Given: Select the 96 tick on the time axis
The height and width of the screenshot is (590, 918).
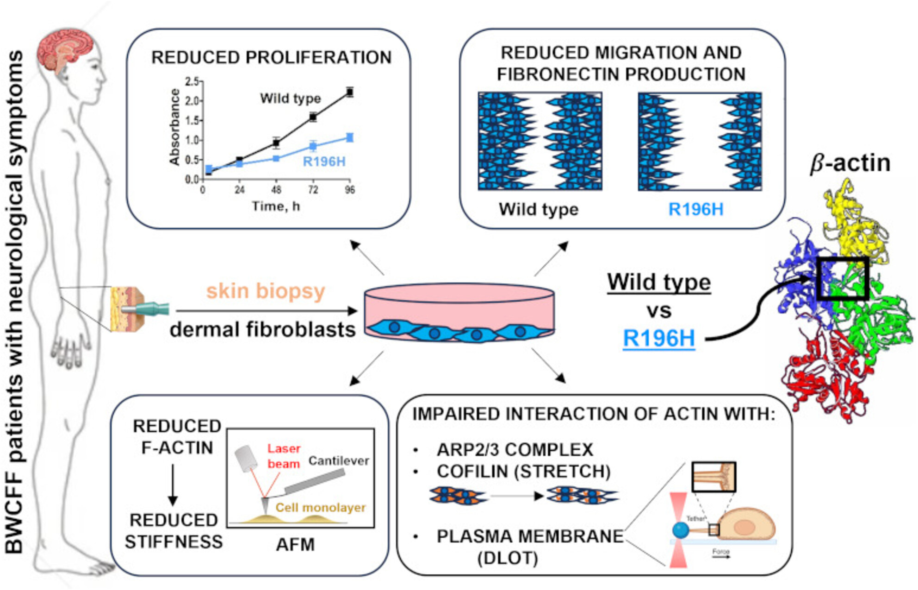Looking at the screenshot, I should coord(350,190).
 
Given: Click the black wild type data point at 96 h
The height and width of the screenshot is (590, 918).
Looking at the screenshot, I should coord(350,92).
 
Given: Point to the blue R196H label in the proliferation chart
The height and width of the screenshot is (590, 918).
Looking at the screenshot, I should coord(324,161).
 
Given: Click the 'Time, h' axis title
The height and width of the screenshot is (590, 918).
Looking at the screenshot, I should coord(276,206).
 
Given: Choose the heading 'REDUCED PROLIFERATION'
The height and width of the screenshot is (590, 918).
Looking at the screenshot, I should coord(271,57).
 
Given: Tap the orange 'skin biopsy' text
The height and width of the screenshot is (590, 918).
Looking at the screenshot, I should coord(266,291).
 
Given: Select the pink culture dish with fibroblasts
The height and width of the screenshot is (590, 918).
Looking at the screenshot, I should coord(459,312).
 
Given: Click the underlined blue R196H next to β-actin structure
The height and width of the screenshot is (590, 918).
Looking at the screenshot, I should coord(659,338).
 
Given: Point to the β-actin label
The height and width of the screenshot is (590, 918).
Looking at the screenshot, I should coord(850,163).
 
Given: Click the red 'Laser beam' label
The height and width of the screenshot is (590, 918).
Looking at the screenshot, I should coord(284,456).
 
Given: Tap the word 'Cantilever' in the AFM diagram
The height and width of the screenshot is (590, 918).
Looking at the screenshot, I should coord(339,461).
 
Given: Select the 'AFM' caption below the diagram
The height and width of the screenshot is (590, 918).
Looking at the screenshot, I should coord(295,545).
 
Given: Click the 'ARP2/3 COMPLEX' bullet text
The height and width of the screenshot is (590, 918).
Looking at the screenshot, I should coord(515,450).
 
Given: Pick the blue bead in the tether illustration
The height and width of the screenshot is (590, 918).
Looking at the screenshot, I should coord(681,530).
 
